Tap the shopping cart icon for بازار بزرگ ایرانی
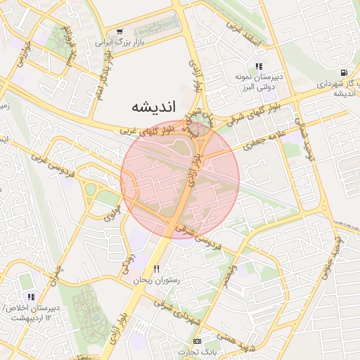point(120,31)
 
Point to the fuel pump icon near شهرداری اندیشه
point(343,72)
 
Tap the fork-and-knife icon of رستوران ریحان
point(157,269)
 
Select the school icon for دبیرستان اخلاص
point(31,297)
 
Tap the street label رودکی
point(128,264)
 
